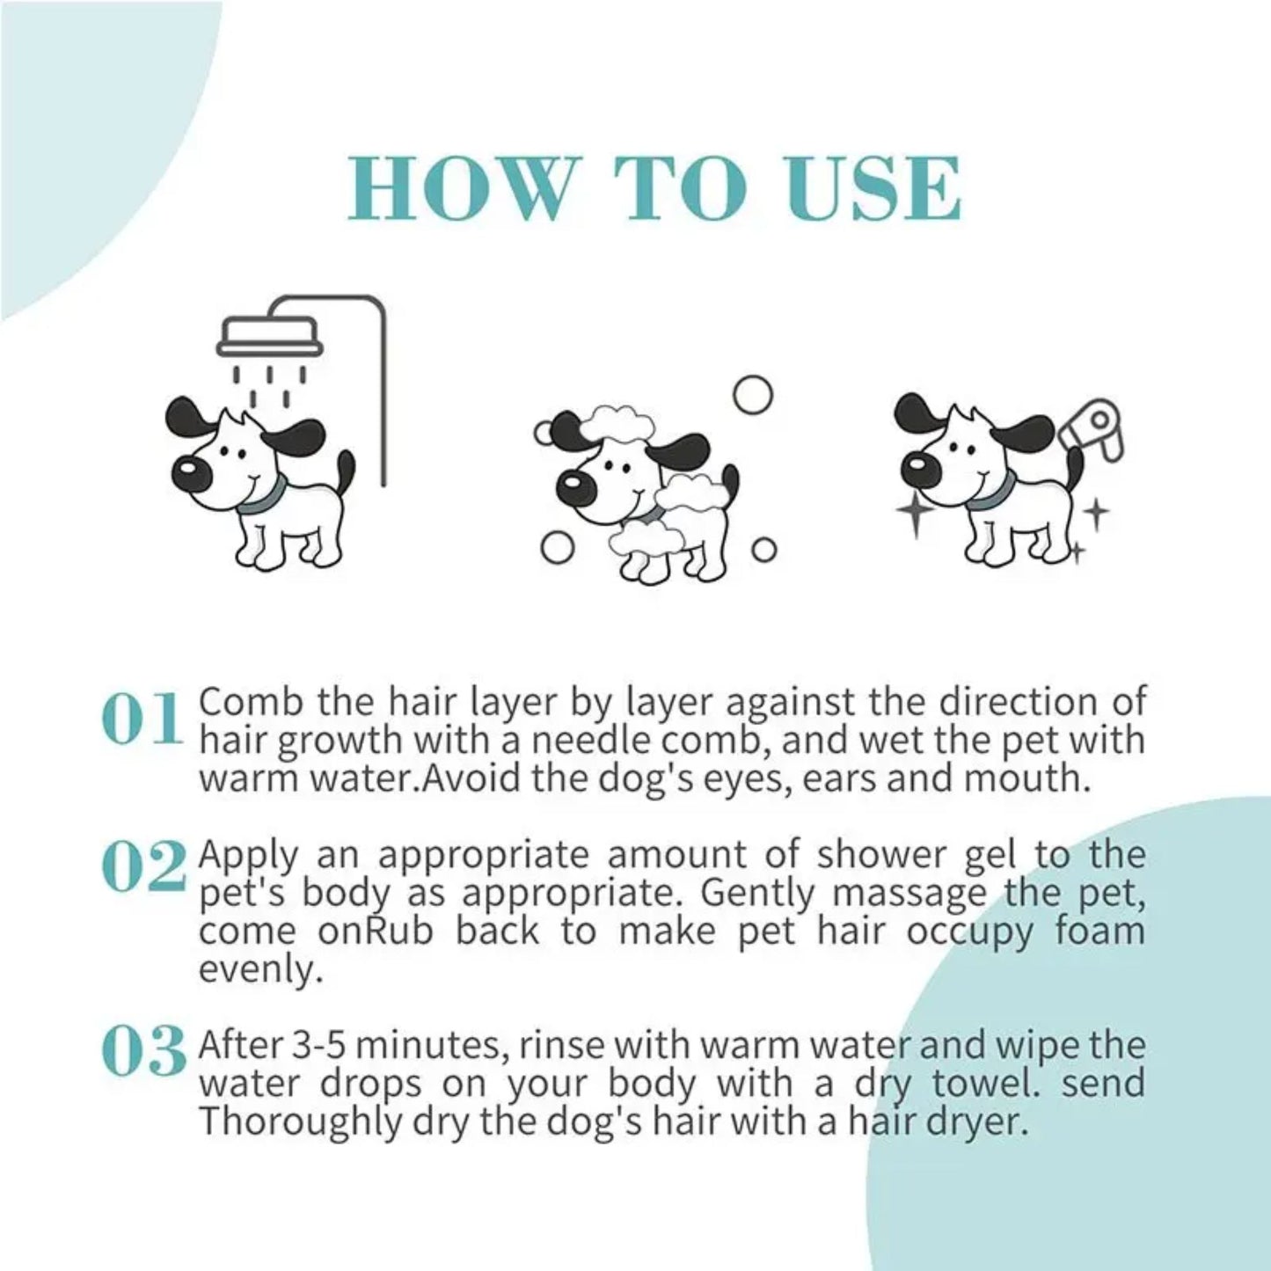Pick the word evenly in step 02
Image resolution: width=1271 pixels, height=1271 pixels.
(255, 969)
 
